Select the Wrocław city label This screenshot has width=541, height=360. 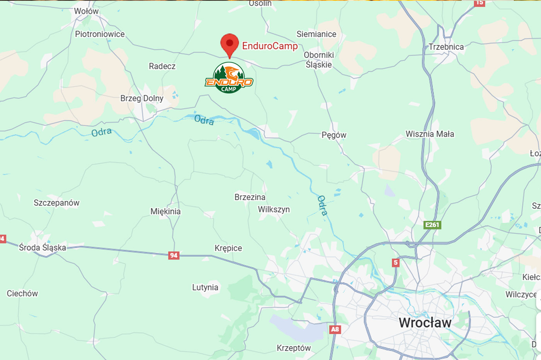[x=425, y=323]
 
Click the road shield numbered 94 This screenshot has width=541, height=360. [x=174, y=255]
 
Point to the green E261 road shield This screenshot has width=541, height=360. [x=432, y=225]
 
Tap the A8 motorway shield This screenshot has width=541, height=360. [x=335, y=329]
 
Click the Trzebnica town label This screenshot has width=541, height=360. [x=446, y=47]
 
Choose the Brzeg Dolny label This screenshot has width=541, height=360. [x=142, y=98]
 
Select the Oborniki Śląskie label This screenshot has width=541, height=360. [x=319, y=60]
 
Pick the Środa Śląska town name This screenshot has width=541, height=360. [x=43, y=247]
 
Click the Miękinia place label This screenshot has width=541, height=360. [x=165, y=211]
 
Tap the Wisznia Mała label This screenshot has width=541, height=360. [x=430, y=134]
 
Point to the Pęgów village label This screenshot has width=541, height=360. [x=334, y=135]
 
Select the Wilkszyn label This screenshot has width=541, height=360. [x=274, y=209]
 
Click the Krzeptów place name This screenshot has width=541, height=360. [x=294, y=348]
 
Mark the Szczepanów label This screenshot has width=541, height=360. [x=56, y=203]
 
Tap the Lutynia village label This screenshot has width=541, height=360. [x=205, y=287]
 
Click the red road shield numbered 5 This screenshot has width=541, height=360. [x=395, y=263]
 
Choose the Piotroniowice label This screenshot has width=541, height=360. [x=100, y=34]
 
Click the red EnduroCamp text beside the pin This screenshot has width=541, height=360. [x=270, y=46]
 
